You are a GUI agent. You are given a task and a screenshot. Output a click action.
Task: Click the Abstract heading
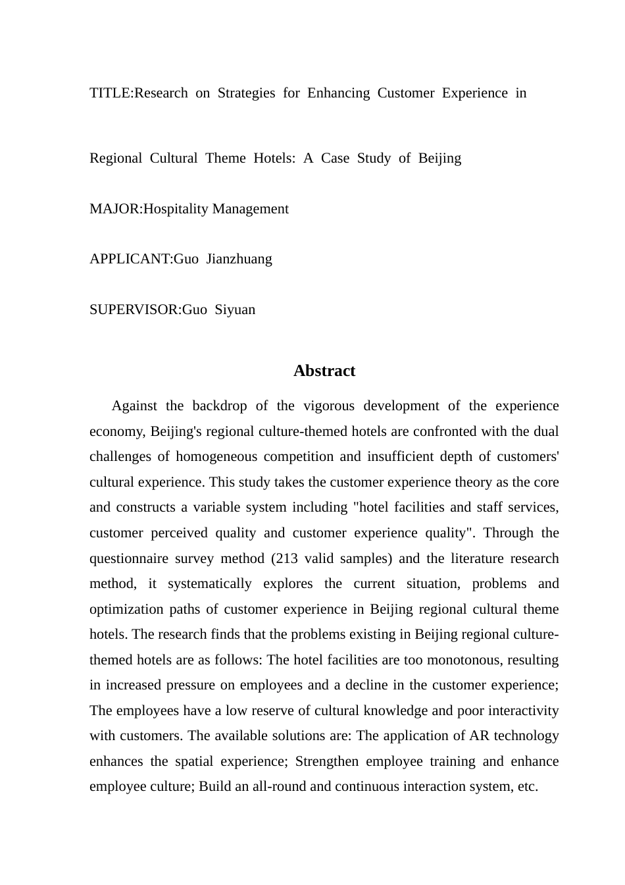[x=324, y=371]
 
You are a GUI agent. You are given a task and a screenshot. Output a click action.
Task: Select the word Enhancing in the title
[x=338, y=93]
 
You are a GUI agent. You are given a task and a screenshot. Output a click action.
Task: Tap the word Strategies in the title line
[x=246, y=93]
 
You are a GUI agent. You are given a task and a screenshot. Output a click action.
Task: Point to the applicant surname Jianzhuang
[x=239, y=259]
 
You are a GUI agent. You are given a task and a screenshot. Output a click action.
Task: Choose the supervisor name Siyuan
[x=236, y=309]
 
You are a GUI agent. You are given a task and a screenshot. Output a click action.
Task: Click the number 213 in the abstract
[x=287, y=558]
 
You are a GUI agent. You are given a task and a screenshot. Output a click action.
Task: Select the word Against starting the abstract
[x=134, y=406]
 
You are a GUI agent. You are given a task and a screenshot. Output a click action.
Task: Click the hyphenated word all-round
[x=281, y=786]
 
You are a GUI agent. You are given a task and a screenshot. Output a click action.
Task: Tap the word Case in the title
[x=335, y=158]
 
